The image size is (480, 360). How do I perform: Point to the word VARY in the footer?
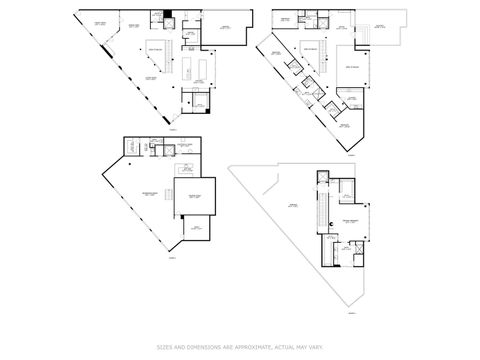pyautogui.click(x=316, y=347)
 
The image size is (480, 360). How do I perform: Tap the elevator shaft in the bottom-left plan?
pyautogui.click(x=130, y=148)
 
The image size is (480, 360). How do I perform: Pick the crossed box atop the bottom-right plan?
pyautogui.click(x=322, y=177)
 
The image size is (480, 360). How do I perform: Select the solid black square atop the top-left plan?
pyautogui.click(x=169, y=13)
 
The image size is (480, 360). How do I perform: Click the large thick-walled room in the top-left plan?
pyautogui.click(x=225, y=28)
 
